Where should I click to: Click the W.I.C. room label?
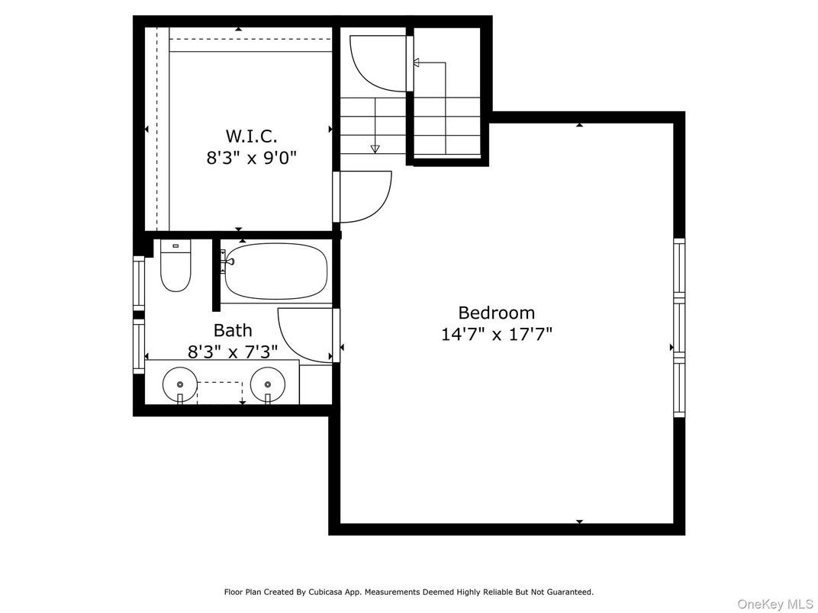(251, 136)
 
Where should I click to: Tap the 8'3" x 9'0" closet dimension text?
(251, 158)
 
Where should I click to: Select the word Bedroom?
(496, 313)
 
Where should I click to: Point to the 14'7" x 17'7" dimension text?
(496, 334)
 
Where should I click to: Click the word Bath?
(233, 330)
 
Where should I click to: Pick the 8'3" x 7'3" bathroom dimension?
(233, 351)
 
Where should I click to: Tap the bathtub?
(276, 272)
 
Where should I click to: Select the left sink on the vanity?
(180, 384)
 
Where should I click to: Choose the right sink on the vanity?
(267, 384)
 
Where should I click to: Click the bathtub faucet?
(227, 262)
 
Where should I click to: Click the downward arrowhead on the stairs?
(375, 149)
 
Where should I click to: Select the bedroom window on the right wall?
(679, 328)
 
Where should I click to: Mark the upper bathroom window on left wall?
(139, 283)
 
